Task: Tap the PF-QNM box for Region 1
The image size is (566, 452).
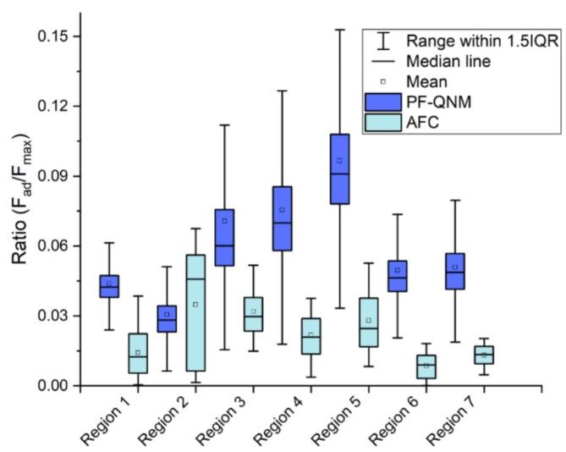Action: [109, 286]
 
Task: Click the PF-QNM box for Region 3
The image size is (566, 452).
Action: [224, 238]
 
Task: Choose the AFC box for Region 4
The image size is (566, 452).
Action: [310, 336]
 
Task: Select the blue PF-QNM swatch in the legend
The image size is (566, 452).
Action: [382, 102]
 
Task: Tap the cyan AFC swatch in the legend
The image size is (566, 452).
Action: [382, 124]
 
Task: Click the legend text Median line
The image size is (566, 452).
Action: [448, 61]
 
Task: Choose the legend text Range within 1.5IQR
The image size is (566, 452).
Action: [481, 41]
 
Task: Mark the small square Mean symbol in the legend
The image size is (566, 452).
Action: [382, 82]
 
